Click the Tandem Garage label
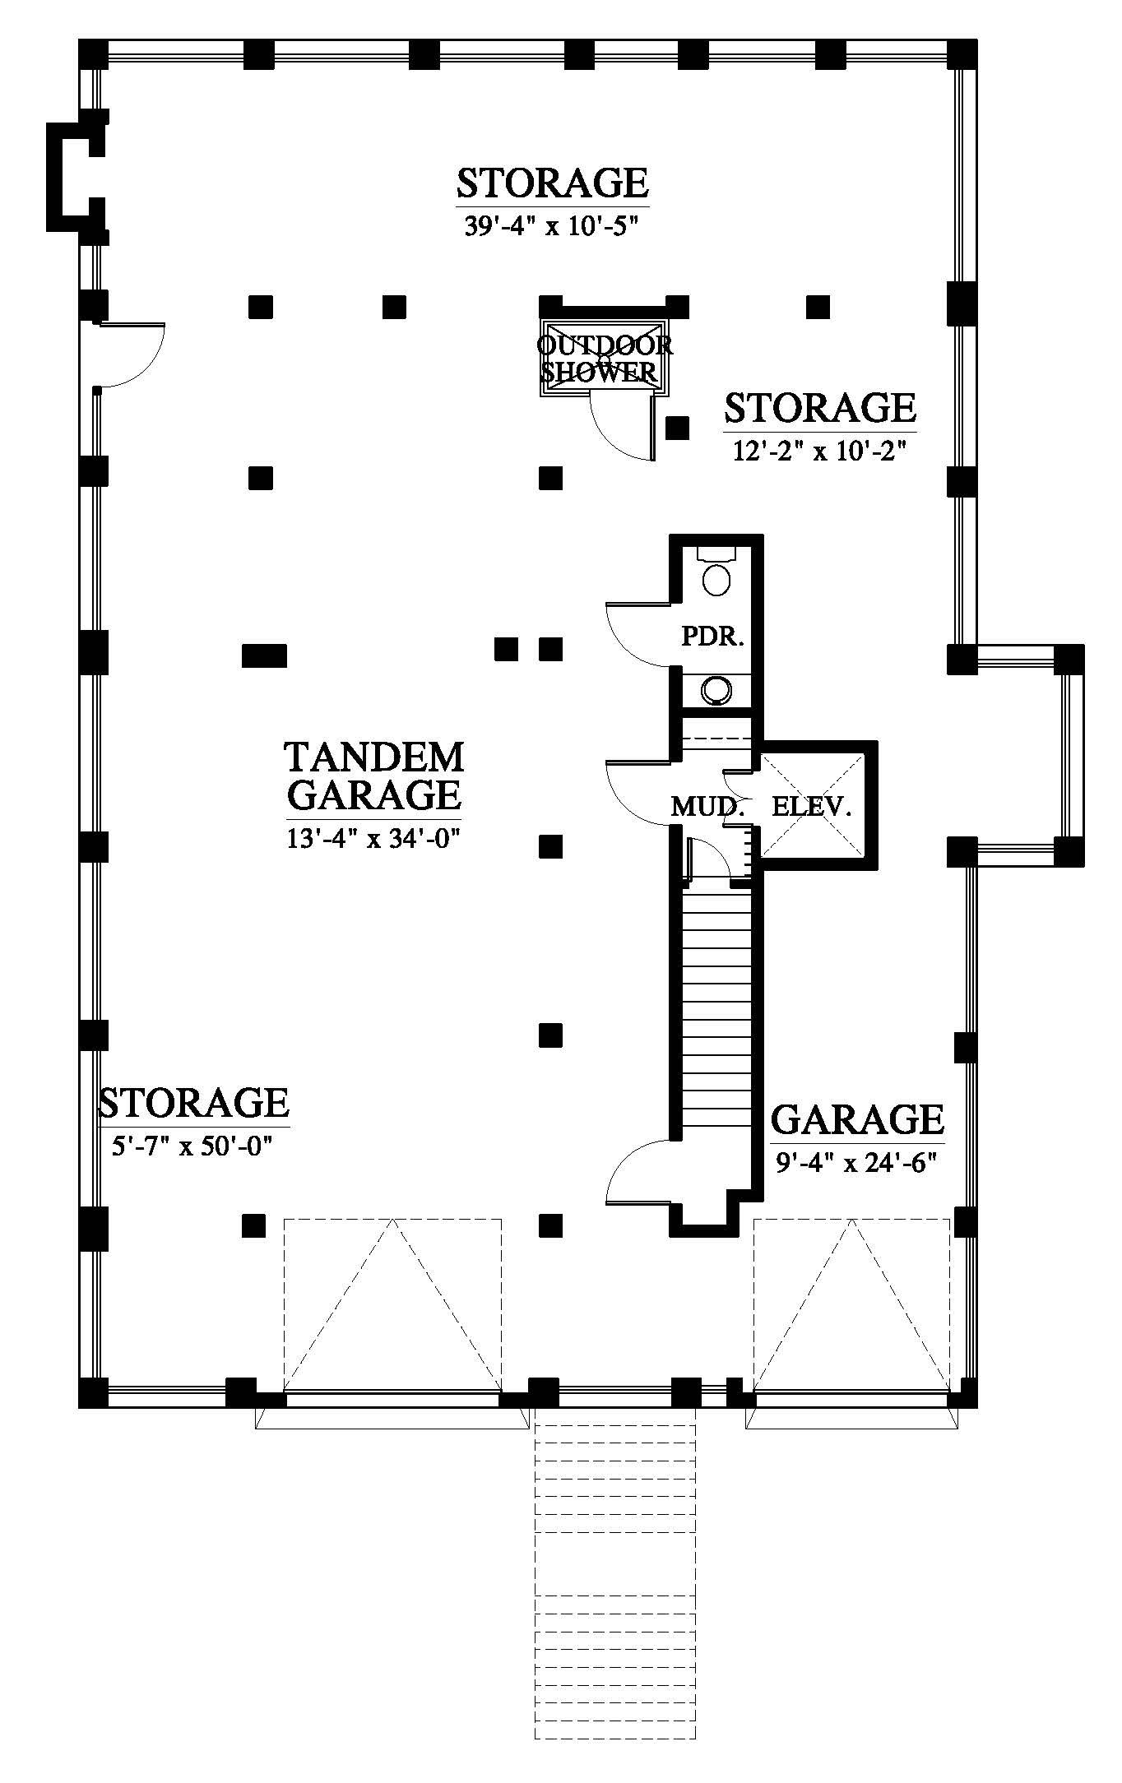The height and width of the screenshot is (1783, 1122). click(x=374, y=776)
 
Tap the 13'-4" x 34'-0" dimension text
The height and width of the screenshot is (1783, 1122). click(x=373, y=840)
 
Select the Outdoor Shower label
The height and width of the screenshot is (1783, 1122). click(x=605, y=359)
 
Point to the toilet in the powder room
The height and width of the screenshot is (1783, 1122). click(x=717, y=571)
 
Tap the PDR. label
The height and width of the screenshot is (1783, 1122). click(x=712, y=636)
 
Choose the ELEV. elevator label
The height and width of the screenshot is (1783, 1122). click(x=810, y=806)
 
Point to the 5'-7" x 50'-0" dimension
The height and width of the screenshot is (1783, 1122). click(x=192, y=1146)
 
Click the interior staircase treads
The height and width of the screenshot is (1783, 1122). click(x=717, y=1012)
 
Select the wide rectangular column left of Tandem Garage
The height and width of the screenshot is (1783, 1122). click(x=265, y=655)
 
